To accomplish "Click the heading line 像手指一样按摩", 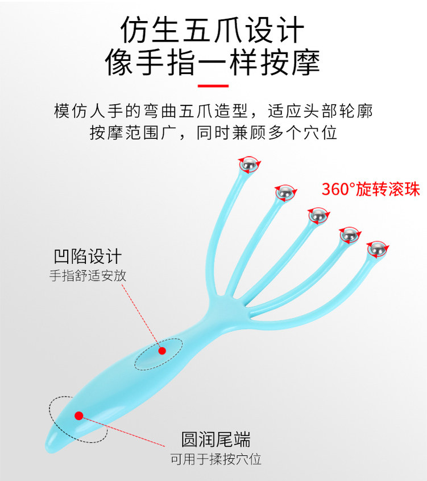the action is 213,63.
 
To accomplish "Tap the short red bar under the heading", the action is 213,86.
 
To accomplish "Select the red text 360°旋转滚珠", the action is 371,190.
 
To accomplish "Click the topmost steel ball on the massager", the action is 248,165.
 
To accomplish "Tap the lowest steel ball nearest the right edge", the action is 376,249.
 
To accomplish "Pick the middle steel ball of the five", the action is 317,215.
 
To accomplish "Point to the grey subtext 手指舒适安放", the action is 88,276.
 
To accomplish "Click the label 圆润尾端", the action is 215,439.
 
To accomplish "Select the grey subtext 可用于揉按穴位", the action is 215,459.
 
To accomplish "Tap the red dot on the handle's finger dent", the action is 162,351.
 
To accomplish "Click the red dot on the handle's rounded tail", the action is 78,416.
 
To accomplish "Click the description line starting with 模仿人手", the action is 213,110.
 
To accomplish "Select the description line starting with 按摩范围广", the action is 213,133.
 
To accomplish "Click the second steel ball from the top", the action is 285,194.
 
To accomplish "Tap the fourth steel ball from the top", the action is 349,234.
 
